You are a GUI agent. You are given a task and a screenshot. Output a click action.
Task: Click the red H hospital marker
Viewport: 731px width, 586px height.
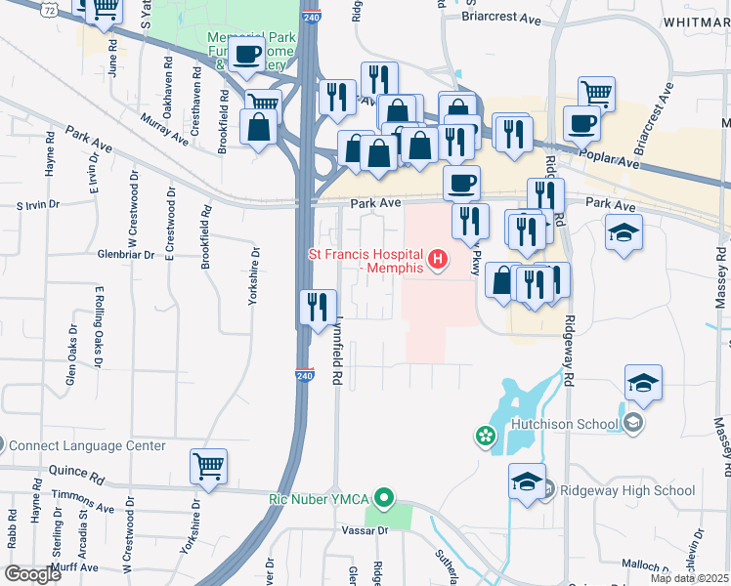(x=438, y=260)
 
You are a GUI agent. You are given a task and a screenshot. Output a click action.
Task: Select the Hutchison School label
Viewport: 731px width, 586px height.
(x=565, y=424)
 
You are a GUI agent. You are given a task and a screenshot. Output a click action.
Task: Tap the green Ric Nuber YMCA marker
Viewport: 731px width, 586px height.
(x=384, y=498)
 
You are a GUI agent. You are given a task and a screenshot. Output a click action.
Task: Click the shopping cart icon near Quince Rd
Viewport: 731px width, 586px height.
(x=209, y=465)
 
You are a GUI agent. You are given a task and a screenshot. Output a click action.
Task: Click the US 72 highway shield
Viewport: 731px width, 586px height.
(x=48, y=9)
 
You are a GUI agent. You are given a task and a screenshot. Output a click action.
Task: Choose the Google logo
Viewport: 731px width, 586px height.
(x=33, y=573)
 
